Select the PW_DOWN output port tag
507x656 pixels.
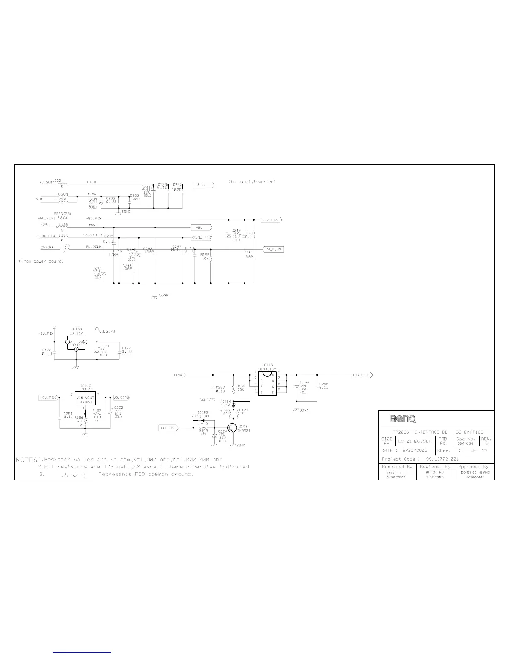[x=273, y=249]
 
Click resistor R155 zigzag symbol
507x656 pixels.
[x=211, y=259]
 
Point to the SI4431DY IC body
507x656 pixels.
[x=267, y=384]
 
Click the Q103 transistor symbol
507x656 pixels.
[x=233, y=428]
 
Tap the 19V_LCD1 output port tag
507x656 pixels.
[x=362, y=375]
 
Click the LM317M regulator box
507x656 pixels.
[x=85, y=399]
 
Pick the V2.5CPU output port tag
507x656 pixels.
[x=121, y=398]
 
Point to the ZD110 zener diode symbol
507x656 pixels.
[x=234, y=405]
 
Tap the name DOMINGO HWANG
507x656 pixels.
[x=475, y=472]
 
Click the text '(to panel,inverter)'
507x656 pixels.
[x=252, y=181]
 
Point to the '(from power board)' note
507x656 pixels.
[x=41, y=261]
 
